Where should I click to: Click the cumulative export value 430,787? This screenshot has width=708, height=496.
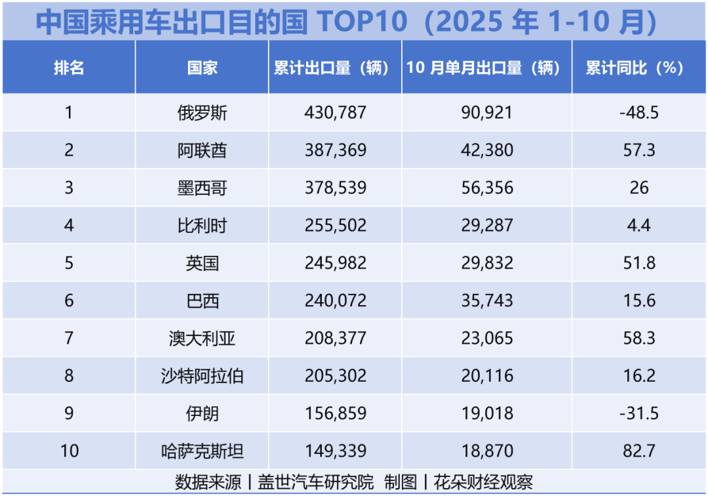335,113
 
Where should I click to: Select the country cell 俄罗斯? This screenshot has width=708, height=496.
202,113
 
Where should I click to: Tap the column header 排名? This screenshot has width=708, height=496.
69,68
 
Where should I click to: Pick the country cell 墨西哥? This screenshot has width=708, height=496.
202,188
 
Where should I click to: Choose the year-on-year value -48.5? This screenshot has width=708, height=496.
639,113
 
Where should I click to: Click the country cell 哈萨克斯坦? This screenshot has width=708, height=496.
202,451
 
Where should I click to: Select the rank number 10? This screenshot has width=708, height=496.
69,451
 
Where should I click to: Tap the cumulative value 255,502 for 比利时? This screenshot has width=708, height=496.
335,226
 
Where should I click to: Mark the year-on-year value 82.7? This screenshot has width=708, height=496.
639,451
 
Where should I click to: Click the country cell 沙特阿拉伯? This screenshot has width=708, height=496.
202,376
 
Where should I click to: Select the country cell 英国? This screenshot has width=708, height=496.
202,264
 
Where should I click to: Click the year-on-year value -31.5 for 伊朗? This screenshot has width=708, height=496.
639,413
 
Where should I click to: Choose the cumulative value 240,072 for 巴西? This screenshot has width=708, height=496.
335,301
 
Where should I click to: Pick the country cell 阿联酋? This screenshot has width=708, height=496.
202,150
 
